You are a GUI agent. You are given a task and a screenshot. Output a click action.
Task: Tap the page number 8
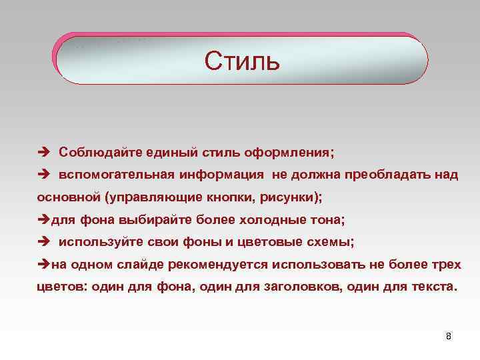pyautogui.click(x=448, y=335)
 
